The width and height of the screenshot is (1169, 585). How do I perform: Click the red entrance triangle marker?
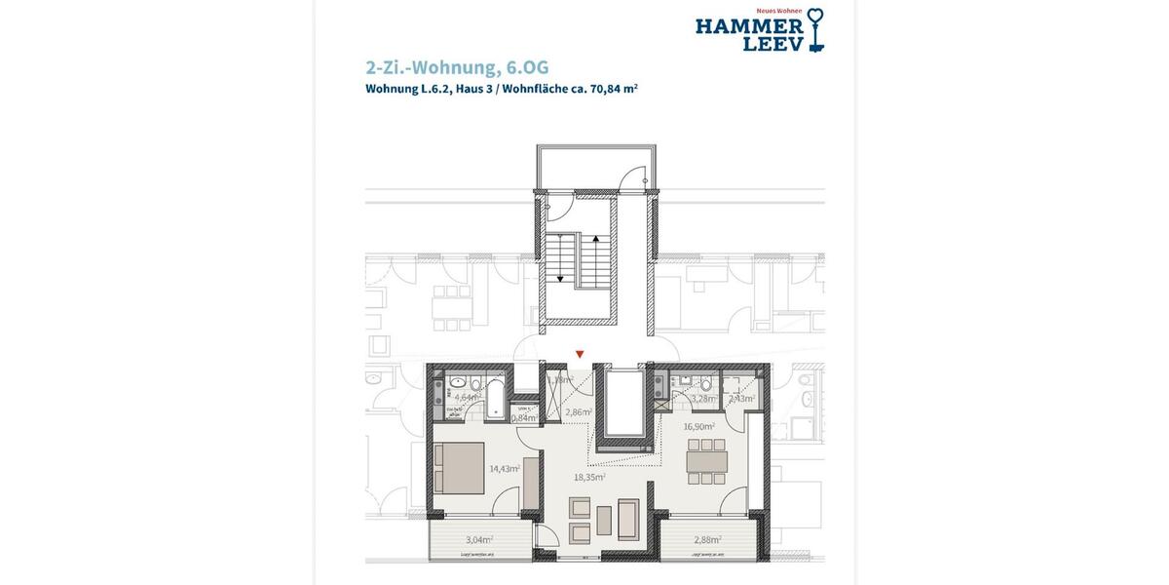[581, 355]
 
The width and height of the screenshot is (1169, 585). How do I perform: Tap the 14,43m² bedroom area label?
[505, 469]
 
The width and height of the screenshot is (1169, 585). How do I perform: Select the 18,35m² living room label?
[590, 478]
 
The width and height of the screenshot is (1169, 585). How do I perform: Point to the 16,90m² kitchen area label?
[699, 426]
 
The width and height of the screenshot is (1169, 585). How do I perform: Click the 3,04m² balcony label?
[478, 539]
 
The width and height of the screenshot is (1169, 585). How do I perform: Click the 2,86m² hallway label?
[578, 413]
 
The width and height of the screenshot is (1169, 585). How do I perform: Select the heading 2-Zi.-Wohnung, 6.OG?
[457, 67]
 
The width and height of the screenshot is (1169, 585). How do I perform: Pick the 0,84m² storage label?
[523, 417]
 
